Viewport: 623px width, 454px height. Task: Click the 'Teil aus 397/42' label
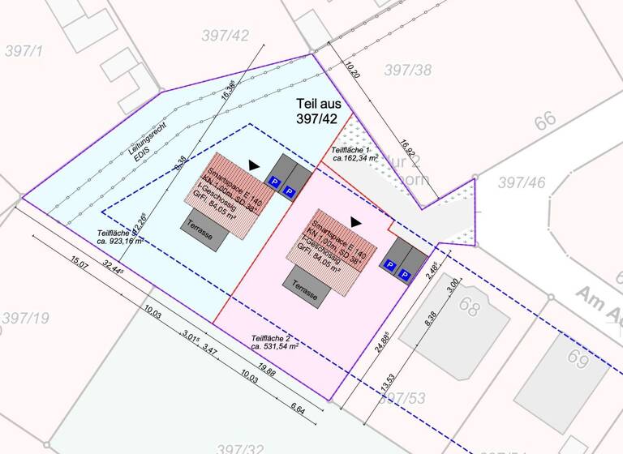pos(318,111)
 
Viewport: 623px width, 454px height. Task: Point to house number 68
pos(469,306)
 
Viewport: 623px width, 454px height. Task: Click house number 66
pos(546,121)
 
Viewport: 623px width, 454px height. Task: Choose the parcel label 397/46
pos(521,182)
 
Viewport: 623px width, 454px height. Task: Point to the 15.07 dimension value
pos(79,262)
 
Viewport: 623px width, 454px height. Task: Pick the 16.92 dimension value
pos(407,149)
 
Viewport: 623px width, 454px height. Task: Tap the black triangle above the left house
pos(255,164)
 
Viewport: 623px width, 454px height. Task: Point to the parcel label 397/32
pos(241,447)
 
